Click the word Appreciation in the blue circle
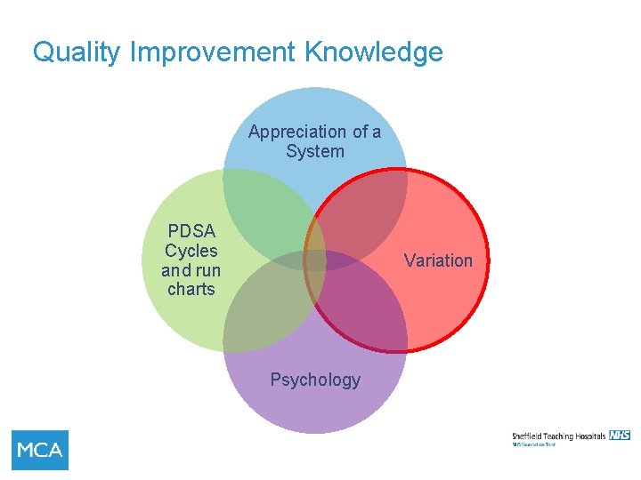click(x=297, y=132)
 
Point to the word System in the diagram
click(x=315, y=151)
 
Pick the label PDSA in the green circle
click(x=191, y=231)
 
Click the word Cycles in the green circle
click(x=191, y=251)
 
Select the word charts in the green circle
click(x=191, y=289)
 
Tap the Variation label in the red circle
click(x=438, y=260)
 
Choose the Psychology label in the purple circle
click(x=315, y=380)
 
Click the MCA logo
click(x=40, y=450)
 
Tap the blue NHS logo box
click(x=620, y=435)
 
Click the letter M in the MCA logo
click(x=26, y=450)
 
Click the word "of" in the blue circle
click(x=361, y=132)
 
